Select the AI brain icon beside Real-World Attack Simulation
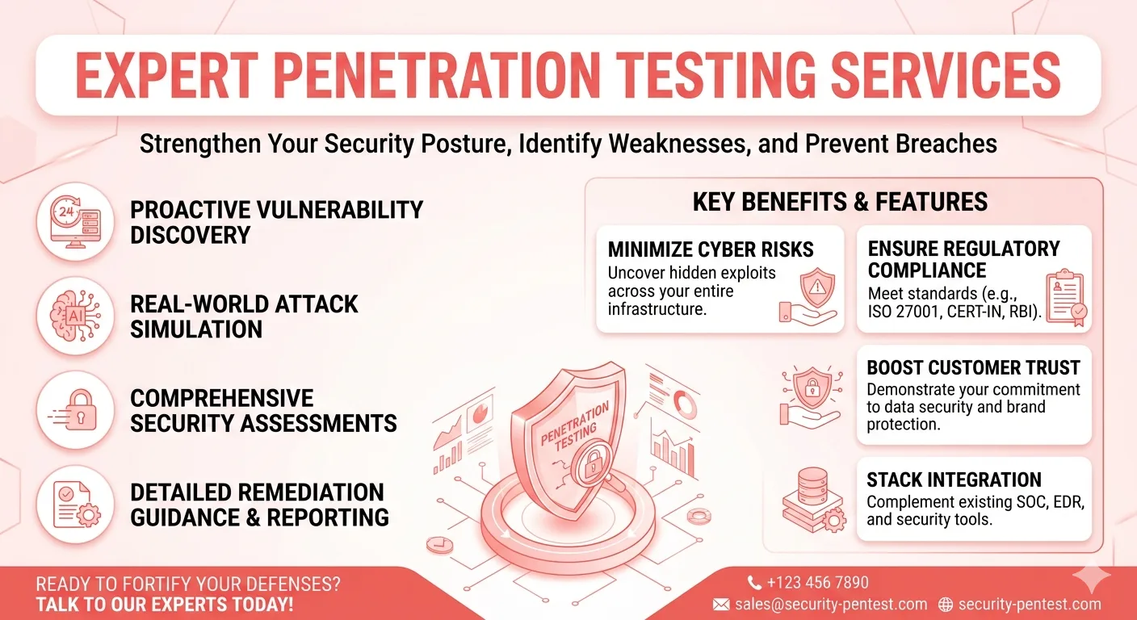tap(75, 316)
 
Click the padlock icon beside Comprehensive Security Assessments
tap(75, 409)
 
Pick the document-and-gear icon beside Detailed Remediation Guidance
tap(75, 504)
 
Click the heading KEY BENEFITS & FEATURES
tap(840, 201)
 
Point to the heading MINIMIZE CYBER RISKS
tap(711, 249)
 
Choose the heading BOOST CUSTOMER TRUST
tap(973, 368)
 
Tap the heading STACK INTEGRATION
tap(954, 480)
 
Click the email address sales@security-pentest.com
tap(831, 604)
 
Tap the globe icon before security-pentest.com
tap(946, 604)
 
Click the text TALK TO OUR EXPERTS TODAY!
tap(164, 605)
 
